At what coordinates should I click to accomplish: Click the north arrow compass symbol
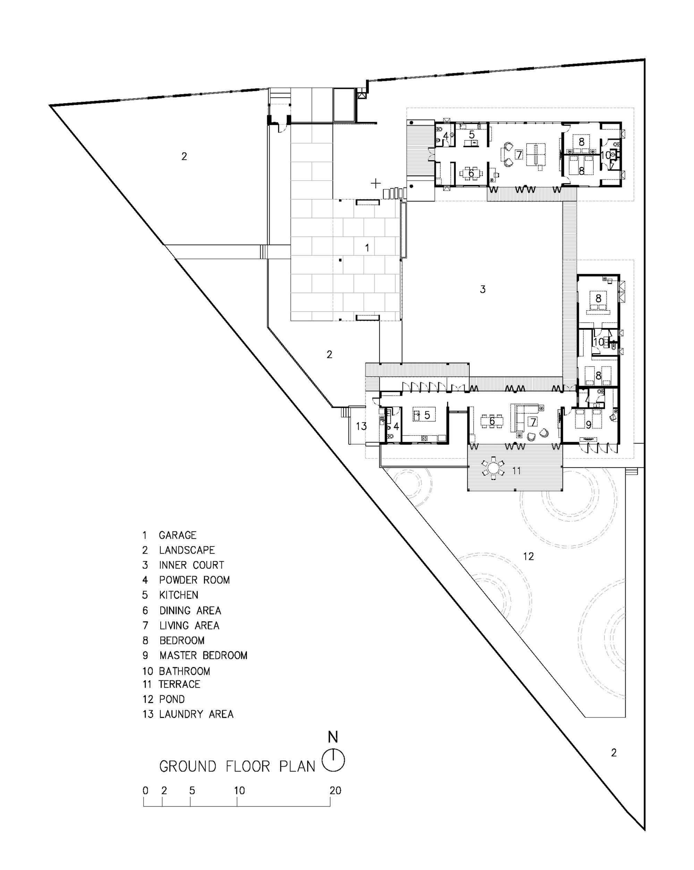[x=333, y=761]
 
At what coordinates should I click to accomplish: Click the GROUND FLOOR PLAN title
[x=237, y=766]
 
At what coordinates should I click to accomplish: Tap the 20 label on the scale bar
[x=335, y=791]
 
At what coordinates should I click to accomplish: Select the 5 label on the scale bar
[x=192, y=791]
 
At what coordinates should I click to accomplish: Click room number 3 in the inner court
[x=483, y=289]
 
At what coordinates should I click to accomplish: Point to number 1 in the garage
[x=367, y=248]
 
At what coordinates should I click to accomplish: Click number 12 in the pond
[x=528, y=557]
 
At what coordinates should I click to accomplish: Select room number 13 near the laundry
[x=361, y=426]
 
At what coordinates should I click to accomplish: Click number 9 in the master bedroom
[x=588, y=424]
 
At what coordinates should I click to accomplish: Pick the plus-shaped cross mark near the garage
[x=376, y=184]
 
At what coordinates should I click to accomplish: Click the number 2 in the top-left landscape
[x=184, y=156]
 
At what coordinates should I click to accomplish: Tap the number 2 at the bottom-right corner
[x=614, y=753]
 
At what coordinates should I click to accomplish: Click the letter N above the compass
[x=333, y=737]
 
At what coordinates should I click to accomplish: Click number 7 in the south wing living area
[x=533, y=422]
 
